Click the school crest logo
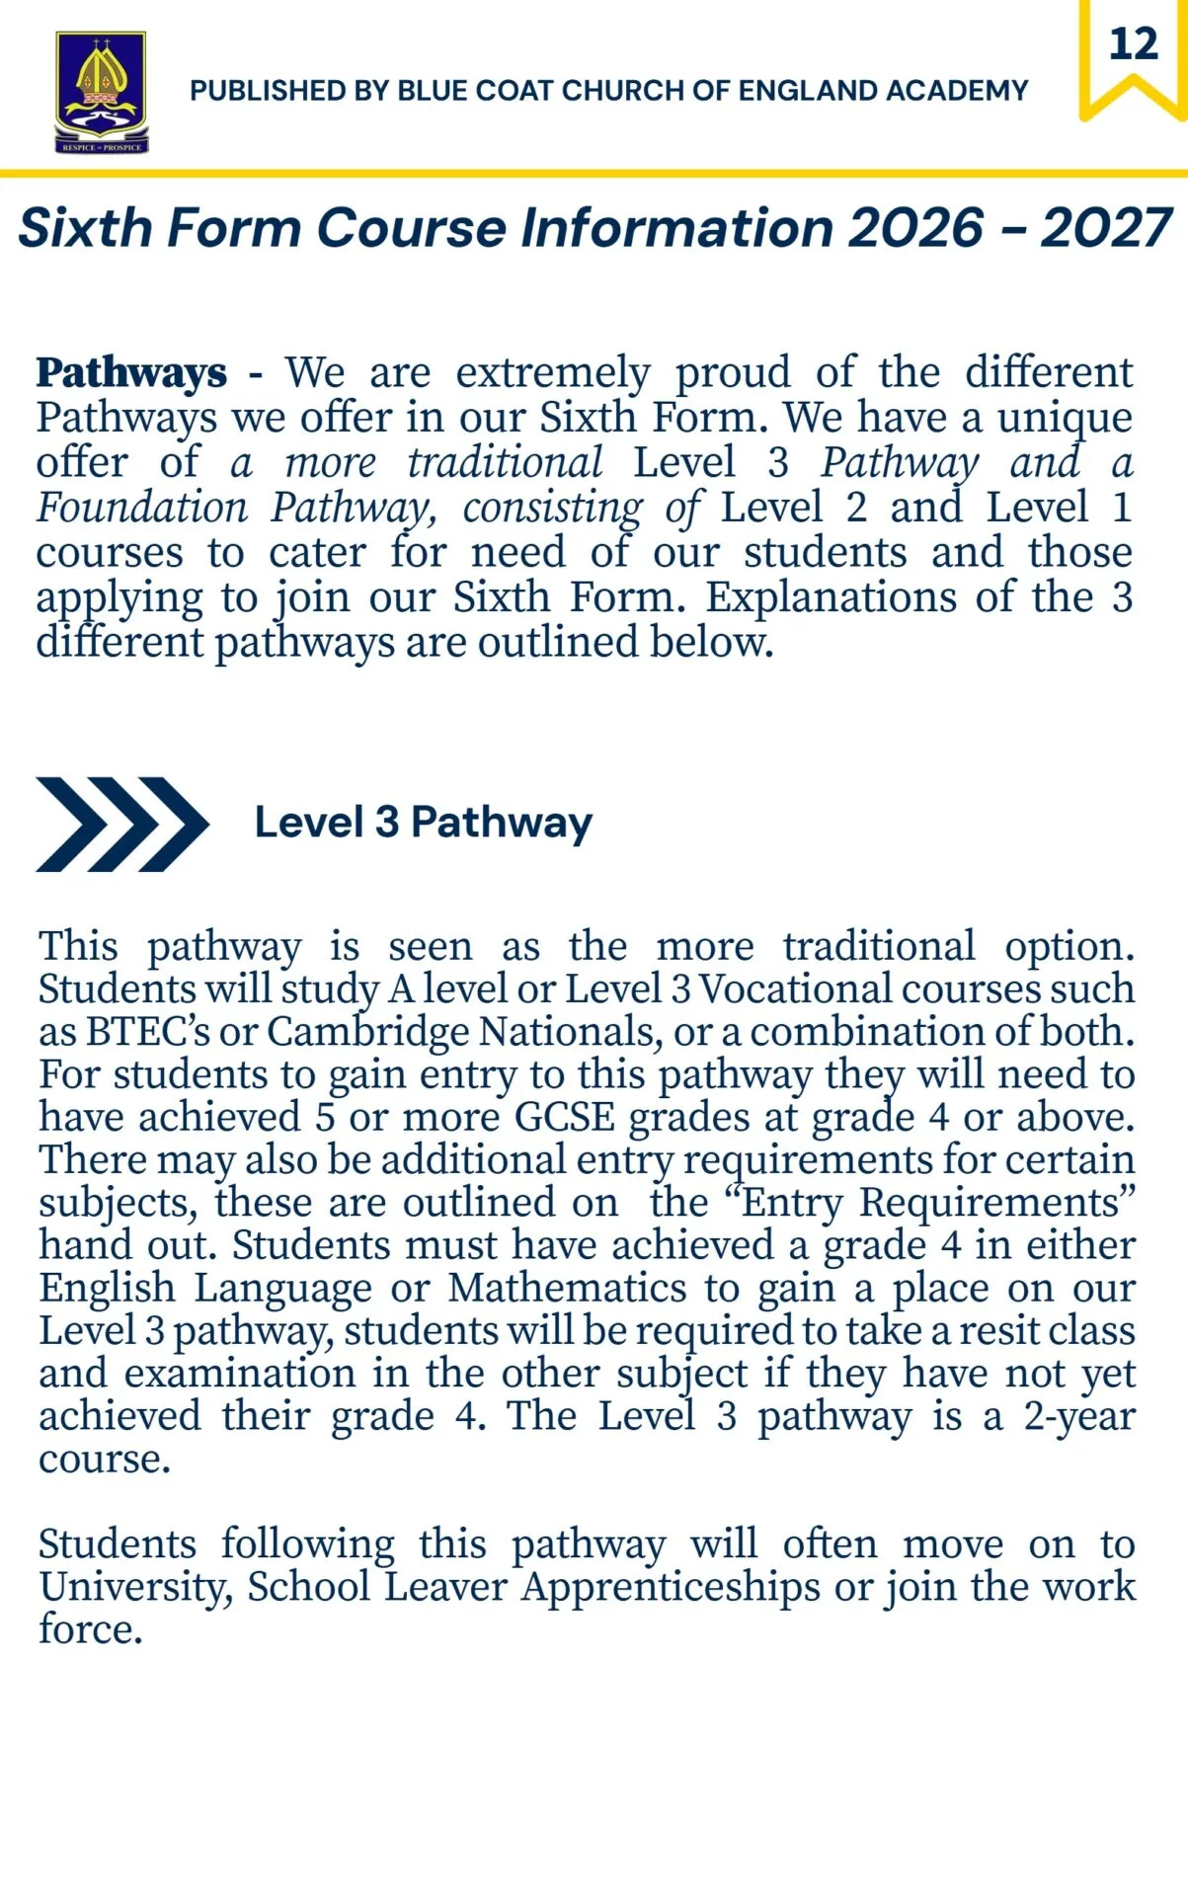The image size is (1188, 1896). pyautogui.click(x=102, y=92)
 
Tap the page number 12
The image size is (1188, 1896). pyautogui.click(x=1133, y=44)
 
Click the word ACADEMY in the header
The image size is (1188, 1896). pyautogui.click(x=957, y=91)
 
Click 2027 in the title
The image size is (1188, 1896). pyautogui.click(x=1106, y=228)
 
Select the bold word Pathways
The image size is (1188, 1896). pyautogui.click(x=131, y=373)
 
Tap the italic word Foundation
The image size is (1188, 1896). pyautogui.click(x=142, y=509)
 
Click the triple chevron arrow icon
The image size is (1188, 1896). pyautogui.click(x=121, y=825)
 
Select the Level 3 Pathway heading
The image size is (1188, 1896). pyautogui.click(x=423, y=823)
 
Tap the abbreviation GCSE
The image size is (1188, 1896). pyautogui.click(x=565, y=1118)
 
